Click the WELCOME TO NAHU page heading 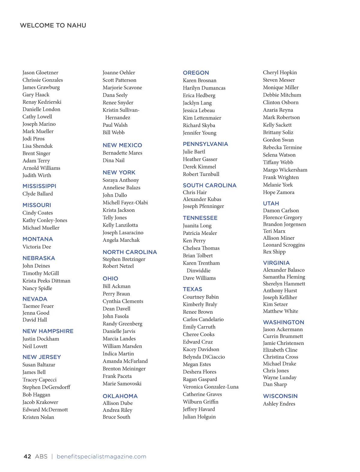pos(53,25)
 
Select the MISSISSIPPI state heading pos(39,186)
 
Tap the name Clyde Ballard pos(37,194)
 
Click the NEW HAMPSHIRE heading pos(48,331)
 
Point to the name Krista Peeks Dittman pos(46,281)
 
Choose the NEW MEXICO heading pos(122,145)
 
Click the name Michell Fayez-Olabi pos(125,203)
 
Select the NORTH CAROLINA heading pos(130,252)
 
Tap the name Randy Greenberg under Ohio pos(122,324)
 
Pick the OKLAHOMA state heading pos(120,396)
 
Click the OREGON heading pos(196,73)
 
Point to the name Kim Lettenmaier pos(202,118)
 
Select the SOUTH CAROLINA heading pos(210,186)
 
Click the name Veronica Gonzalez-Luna pos(211,387)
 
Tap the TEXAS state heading pos(193,289)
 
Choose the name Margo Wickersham pos(285,170)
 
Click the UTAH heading pos(271,203)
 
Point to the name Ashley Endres pos(279,404)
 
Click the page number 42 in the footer pos(27,456)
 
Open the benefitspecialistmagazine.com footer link pos(101,456)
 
